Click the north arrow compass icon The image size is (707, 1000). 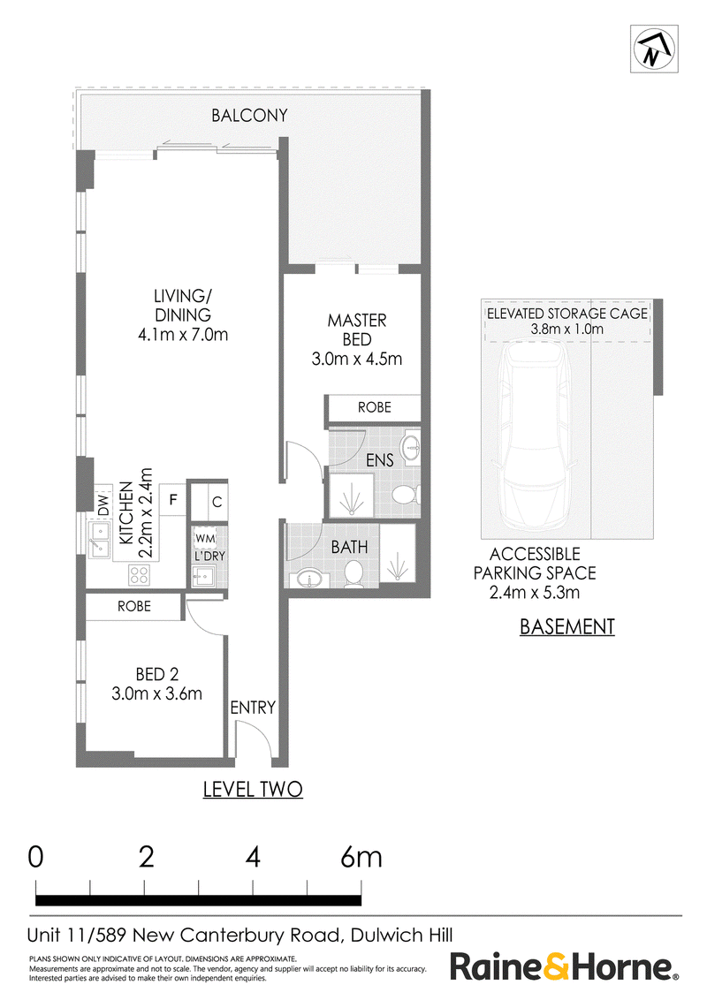654,49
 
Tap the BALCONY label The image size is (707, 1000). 249,116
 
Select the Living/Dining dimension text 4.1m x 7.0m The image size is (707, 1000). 183,334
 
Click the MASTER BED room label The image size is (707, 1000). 357,330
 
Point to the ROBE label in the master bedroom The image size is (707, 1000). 374,407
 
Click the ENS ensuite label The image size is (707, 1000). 380,460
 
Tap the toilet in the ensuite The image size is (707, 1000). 405,495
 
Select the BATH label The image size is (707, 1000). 349,547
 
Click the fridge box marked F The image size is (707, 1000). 173,500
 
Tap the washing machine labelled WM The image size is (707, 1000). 205,538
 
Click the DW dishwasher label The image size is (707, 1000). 103,504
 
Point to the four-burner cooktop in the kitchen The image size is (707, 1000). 139,575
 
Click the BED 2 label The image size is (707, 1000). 157,674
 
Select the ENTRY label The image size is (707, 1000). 253,708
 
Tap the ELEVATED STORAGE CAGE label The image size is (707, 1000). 567,314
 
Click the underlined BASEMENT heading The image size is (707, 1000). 567,627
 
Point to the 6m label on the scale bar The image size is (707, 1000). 361,857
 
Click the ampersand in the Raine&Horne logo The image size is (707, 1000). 554,966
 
